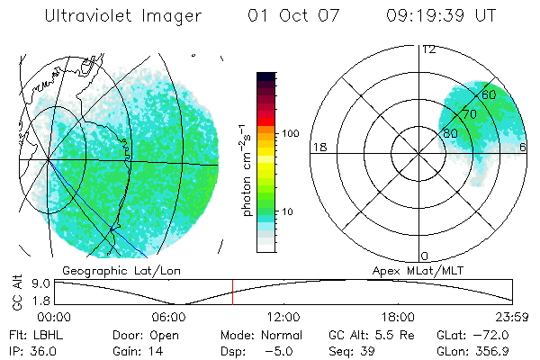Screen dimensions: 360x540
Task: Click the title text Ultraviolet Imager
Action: click(x=123, y=15)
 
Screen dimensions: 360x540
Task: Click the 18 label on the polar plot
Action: click(x=318, y=147)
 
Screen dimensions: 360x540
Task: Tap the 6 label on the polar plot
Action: click(x=523, y=147)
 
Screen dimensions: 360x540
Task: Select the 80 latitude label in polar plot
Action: click(x=450, y=133)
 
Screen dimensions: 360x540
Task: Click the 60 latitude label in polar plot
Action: click(x=490, y=94)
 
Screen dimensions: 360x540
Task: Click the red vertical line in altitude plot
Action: click(x=232, y=292)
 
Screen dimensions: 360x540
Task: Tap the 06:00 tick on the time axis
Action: click(x=169, y=317)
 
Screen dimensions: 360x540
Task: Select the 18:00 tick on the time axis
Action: click(x=399, y=317)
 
